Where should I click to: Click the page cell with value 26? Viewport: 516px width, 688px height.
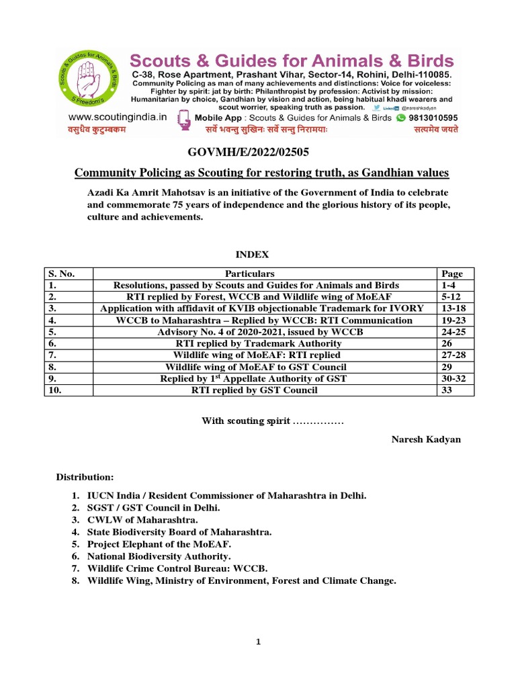point(445,343)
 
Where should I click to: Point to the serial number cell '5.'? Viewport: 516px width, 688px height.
point(51,332)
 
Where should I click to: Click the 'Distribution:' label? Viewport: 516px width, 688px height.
point(85,477)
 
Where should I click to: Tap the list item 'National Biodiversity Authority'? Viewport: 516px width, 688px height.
point(159,556)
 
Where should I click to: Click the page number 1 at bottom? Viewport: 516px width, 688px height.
point(258,642)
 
